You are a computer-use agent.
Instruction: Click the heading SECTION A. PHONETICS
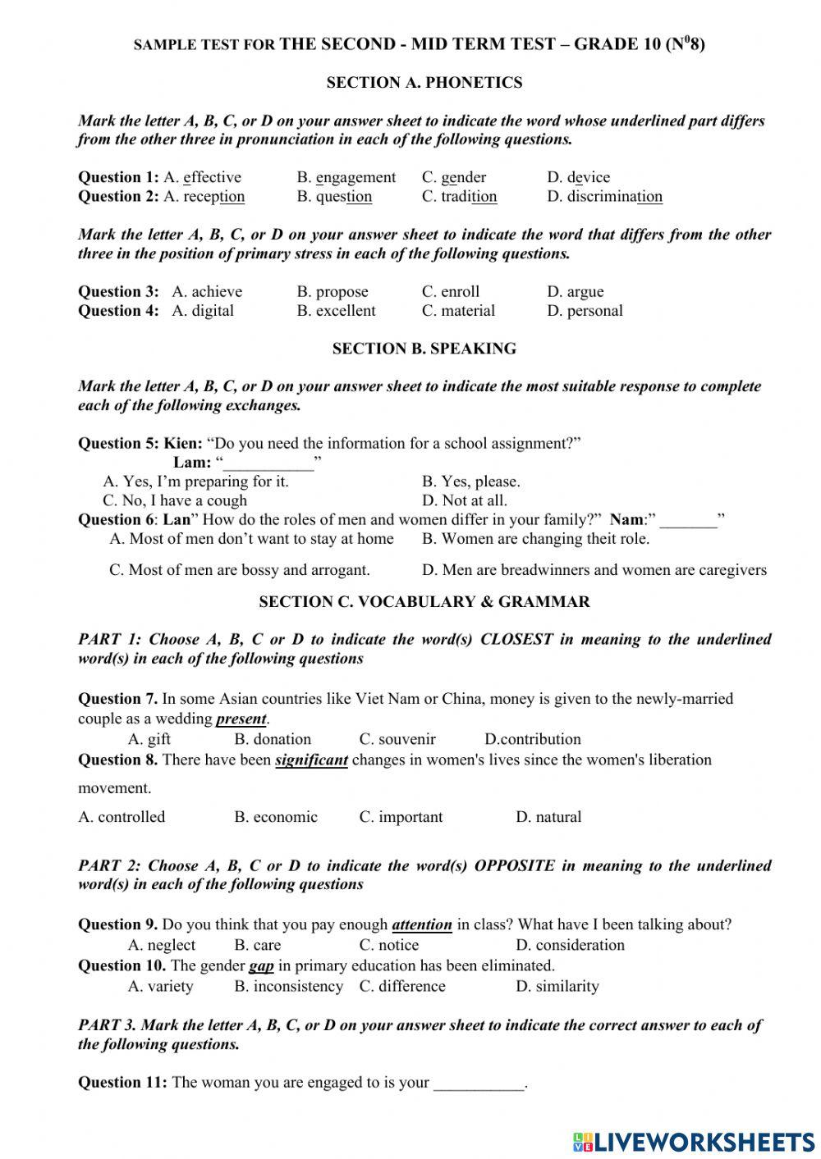[x=424, y=82]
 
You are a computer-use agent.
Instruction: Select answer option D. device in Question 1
[x=578, y=177]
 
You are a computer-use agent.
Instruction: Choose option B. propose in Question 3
[x=332, y=291]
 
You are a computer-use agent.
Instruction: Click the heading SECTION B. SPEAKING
[x=424, y=349]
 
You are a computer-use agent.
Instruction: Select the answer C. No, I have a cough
[x=174, y=500]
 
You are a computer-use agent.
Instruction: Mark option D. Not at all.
[x=464, y=500]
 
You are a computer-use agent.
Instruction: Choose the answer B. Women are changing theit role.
[x=534, y=539]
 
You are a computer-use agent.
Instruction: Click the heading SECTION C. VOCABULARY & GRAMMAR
[x=424, y=602]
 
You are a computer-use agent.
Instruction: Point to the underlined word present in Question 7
[x=241, y=719]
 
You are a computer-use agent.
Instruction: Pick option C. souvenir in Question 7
[x=397, y=739]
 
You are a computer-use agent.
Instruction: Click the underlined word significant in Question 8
[x=311, y=760]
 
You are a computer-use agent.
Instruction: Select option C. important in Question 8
[x=401, y=817]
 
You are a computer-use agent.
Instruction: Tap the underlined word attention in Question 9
[x=422, y=925]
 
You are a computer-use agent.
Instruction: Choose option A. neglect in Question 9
[x=162, y=945]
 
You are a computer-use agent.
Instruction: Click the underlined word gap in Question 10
[x=261, y=966]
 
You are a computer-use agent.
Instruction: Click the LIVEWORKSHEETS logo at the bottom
[x=694, y=1141]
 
